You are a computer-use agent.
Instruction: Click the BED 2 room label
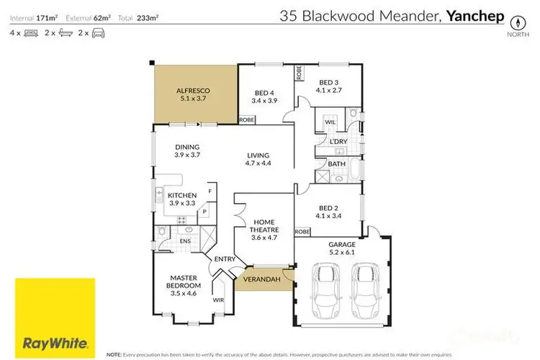pyautogui.click(x=329, y=212)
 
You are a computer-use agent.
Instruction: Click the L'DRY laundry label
pyautogui.click(x=338, y=141)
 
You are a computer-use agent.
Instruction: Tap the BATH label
pyautogui.click(x=337, y=164)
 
